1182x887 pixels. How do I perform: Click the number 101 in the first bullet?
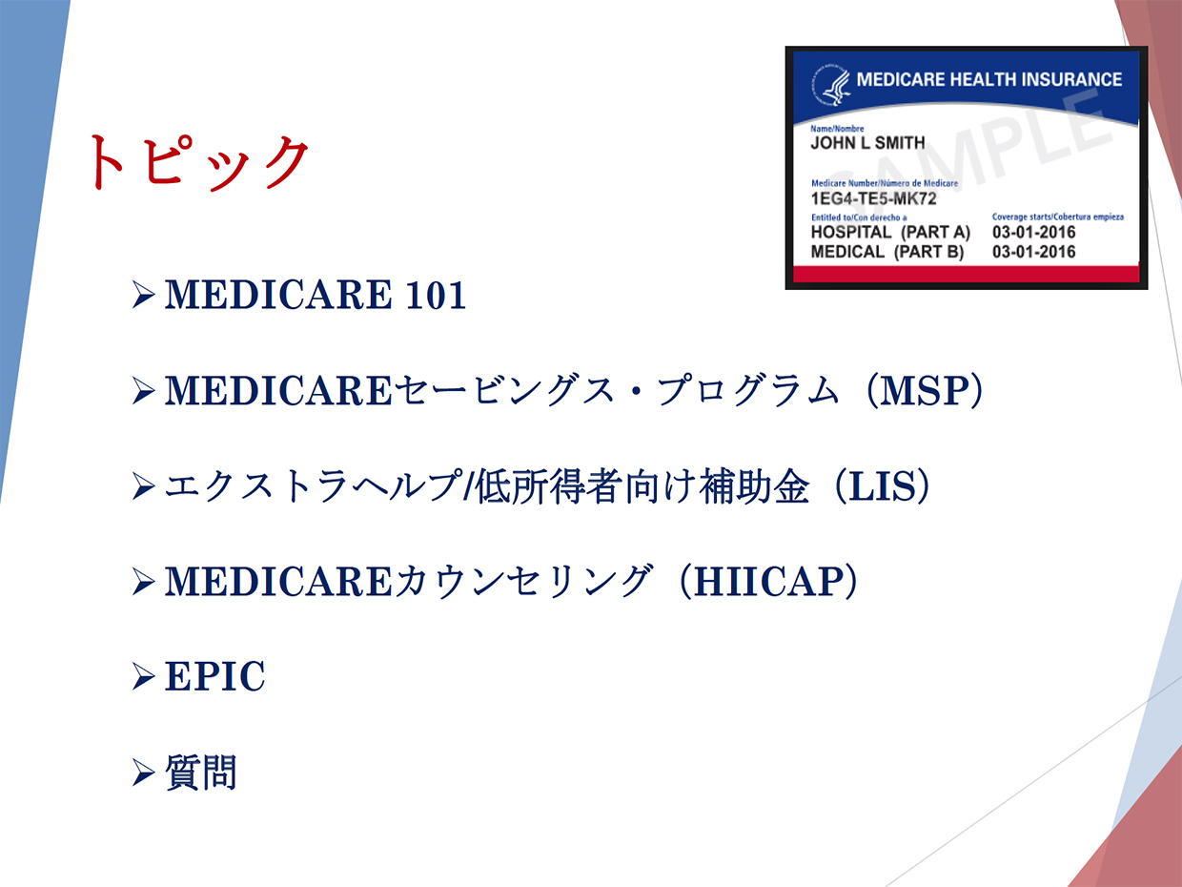pyautogui.click(x=436, y=295)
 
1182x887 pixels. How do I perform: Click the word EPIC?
pyautogui.click(x=214, y=676)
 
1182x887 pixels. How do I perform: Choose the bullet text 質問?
pyautogui.click(x=201, y=772)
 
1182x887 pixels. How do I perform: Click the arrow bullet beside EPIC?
pyautogui.click(x=143, y=676)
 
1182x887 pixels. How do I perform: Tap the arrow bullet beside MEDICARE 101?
pyautogui.click(x=143, y=295)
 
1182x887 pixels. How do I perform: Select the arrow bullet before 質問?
pyautogui.click(x=143, y=773)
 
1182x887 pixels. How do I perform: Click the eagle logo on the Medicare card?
pyautogui.click(x=831, y=85)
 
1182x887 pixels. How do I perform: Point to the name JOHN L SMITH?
pyautogui.click(x=867, y=143)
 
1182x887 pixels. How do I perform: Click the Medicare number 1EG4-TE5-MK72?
pyautogui.click(x=873, y=198)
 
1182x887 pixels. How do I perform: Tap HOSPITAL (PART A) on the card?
pyautogui.click(x=890, y=232)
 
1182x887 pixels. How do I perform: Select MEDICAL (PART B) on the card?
pyautogui.click(x=886, y=252)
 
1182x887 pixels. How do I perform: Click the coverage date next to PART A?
pyautogui.click(x=1033, y=232)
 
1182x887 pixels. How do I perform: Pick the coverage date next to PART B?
pyautogui.click(x=1033, y=252)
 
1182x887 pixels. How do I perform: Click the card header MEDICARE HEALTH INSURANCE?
pyautogui.click(x=989, y=80)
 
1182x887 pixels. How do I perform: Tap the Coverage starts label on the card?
pyautogui.click(x=1058, y=217)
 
